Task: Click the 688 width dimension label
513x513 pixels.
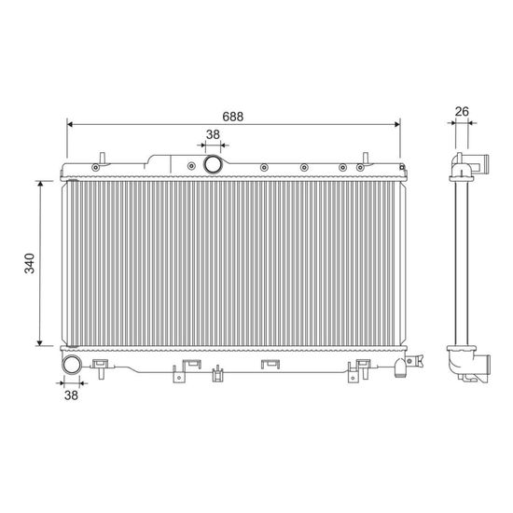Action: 232,117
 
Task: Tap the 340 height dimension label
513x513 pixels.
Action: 30,263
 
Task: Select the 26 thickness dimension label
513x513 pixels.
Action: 462,112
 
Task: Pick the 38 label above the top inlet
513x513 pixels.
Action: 213,134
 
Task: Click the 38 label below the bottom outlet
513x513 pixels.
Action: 71,395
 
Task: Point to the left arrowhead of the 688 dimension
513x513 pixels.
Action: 69,124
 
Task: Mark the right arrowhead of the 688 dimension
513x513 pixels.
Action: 397,124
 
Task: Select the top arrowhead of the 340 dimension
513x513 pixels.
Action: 40,184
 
